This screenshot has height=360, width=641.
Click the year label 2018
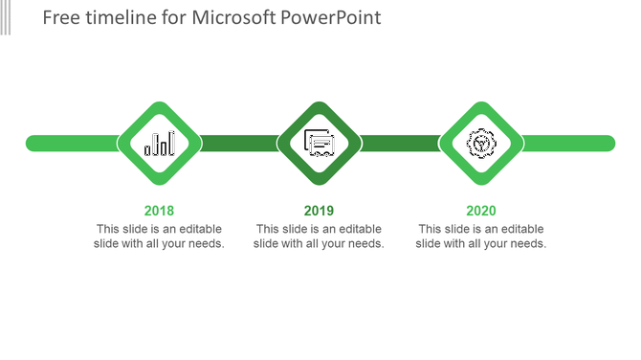click(159, 211)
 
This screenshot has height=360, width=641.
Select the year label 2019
click(319, 211)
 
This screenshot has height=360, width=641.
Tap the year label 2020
click(481, 211)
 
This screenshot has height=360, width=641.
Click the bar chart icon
click(160, 144)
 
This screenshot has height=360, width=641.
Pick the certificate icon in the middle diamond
click(319, 144)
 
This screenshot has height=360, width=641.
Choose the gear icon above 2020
click(481, 144)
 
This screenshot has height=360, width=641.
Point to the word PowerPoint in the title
click(330, 18)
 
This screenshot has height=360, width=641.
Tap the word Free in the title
click(61, 18)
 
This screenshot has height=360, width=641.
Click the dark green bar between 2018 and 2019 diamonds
click(239, 144)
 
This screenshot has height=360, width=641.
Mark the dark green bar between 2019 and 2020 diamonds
click(400, 144)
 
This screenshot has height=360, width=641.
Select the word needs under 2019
click(365, 244)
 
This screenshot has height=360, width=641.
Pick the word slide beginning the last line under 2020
click(430, 244)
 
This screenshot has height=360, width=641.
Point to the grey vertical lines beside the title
click(6, 17)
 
